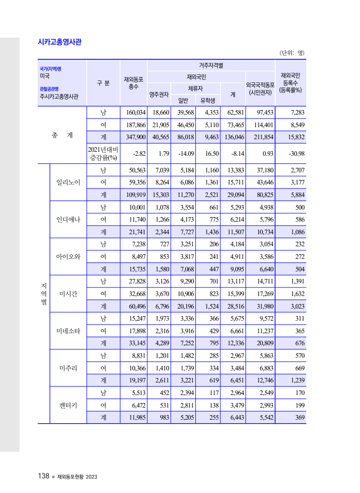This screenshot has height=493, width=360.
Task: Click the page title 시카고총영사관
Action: click(60, 42)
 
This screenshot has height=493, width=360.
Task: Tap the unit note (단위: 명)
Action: click(292, 53)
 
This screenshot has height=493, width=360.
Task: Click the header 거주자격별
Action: click(211, 65)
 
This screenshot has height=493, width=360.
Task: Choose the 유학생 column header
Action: click(207, 100)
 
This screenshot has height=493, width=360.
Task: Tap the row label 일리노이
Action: click(68, 182)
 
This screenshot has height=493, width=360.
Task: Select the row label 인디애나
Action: click(68, 220)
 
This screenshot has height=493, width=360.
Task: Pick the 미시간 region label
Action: click(68, 294)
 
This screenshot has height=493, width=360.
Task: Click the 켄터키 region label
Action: click(68, 405)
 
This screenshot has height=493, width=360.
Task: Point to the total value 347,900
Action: click(134, 137)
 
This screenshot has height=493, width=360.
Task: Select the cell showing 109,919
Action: click(134, 194)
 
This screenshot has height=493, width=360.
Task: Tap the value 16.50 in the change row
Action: click(208, 153)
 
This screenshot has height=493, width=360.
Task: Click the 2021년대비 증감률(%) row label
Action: click(102, 153)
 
